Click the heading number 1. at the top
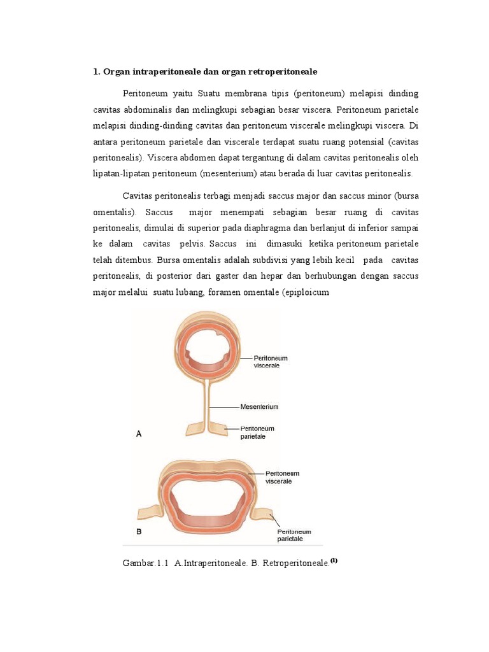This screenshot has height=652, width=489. (97, 71)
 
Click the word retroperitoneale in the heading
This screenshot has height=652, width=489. (280, 71)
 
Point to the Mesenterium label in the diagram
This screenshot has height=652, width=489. (259, 406)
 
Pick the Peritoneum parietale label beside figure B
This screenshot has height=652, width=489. (294, 535)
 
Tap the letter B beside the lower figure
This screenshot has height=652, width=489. (139, 530)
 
